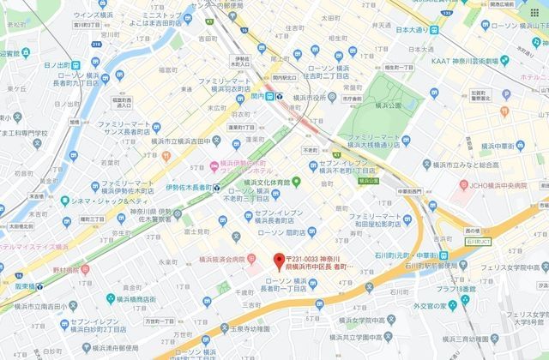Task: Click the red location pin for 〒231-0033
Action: point(278,261)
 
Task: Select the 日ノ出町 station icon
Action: point(76,64)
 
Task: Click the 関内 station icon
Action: point(271,98)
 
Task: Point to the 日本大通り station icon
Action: point(435,30)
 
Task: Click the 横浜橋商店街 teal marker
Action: point(111,300)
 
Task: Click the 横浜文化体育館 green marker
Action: point(296,181)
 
